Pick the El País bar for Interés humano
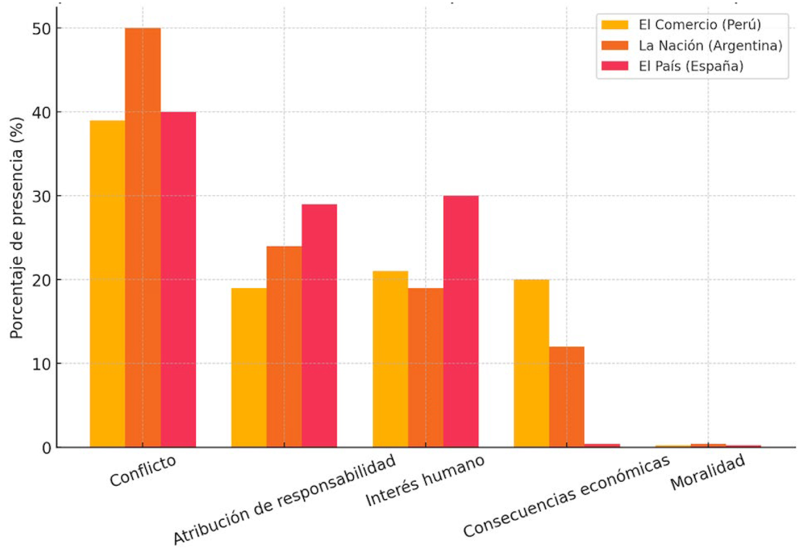point(461,321)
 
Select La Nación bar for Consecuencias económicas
point(567,397)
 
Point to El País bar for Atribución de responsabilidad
point(319,325)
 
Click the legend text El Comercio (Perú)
point(700,24)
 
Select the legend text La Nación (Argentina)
point(710,45)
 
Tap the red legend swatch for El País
point(615,66)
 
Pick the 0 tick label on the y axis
point(47,448)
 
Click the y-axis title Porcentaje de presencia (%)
point(17,228)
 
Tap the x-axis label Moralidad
point(708,472)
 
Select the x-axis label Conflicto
point(143,471)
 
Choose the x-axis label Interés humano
point(425,481)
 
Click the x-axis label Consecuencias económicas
point(566,496)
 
